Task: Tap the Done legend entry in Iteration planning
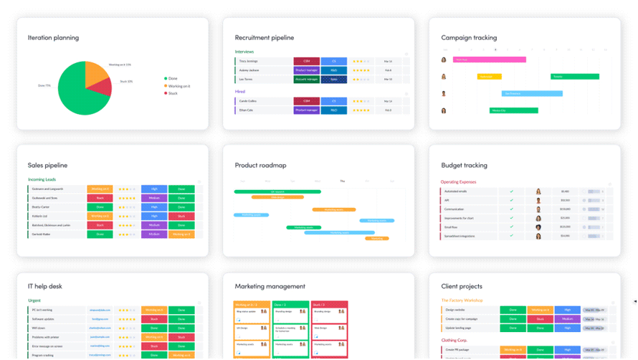coord(173,78)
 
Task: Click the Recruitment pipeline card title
coord(265,38)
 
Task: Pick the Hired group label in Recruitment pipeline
coord(240,92)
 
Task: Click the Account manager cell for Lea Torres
coord(306,80)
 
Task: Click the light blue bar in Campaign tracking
coord(531,93)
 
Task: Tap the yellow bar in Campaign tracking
coord(489,76)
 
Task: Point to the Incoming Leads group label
coord(42,179)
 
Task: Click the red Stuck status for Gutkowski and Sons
coord(100,198)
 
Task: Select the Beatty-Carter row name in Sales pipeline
coord(42,207)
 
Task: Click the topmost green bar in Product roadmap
coord(277,191)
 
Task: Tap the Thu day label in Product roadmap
coord(342,181)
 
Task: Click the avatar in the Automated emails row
coord(538,191)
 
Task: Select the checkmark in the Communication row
coord(511,209)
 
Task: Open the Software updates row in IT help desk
coord(44,318)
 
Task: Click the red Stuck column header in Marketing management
coord(329,305)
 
